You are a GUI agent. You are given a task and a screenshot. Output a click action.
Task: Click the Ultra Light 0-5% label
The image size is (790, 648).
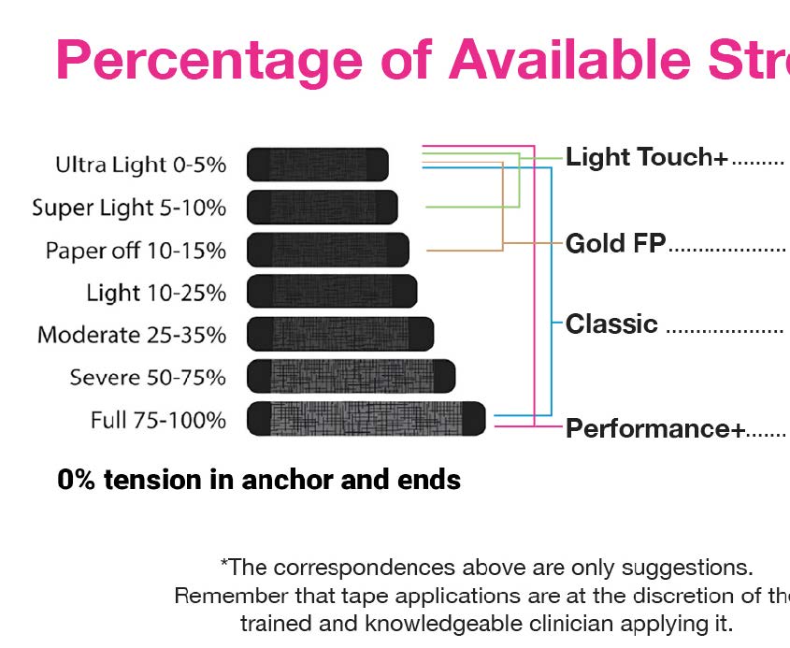point(140,165)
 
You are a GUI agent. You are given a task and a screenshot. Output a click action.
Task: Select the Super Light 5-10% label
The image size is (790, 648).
point(129,208)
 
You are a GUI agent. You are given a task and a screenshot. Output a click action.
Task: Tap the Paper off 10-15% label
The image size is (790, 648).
point(136,251)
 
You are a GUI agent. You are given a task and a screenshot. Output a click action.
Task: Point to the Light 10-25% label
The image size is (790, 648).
point(156,293)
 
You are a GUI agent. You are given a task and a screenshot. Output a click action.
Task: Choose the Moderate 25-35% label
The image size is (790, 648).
point(132,335)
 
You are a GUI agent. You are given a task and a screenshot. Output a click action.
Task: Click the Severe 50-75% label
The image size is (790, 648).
point(148,378)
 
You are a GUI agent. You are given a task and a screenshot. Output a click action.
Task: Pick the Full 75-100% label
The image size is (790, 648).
point(158,420)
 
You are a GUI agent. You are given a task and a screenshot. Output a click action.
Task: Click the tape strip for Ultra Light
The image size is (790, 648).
point(318,165)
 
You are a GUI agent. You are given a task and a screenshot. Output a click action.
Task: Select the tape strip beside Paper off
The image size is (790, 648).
point(328,250)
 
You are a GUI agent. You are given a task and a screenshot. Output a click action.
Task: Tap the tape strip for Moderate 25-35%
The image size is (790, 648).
point(340,334)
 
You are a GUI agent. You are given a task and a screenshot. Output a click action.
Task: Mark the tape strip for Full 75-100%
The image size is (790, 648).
point(366,419)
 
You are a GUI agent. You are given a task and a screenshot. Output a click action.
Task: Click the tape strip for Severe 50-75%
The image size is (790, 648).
point(352,377)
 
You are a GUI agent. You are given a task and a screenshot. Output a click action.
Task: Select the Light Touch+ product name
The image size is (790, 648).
point(647,157)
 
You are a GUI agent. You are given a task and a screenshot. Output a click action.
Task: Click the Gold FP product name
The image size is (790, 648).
point(616,243)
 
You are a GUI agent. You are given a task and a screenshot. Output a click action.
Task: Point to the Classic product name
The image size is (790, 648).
point(611,324)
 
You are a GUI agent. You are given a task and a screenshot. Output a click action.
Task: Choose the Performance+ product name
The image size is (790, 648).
point(655,429)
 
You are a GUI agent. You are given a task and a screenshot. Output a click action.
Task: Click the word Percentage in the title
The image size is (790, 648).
point(209,61)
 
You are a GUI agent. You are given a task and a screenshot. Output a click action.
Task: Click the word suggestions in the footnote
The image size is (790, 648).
point(687,569)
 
